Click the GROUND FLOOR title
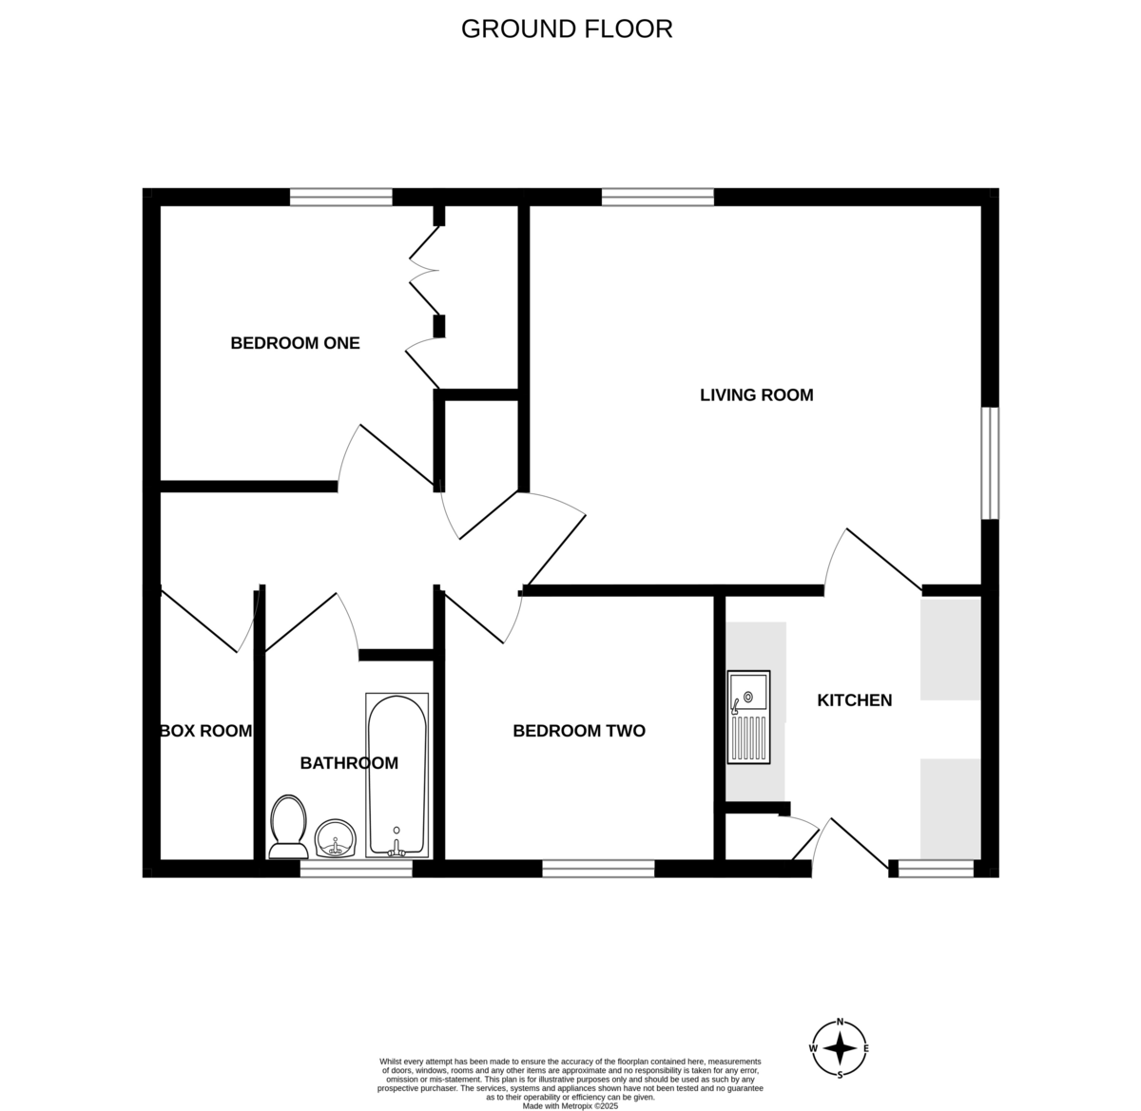coord(567,29)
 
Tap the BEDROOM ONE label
coord(295,343)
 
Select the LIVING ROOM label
coord(756,395)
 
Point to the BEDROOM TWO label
coord(579,731)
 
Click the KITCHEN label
coord(854,700)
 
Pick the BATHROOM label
coord(349,763)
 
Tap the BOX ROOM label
coord(205,731)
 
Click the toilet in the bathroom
coord(288,827)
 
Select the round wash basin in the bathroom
coord(336,838)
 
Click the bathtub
coord(396,776)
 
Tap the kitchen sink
coord(748,718)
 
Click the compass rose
coord(840,1048)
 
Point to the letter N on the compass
coord(840,1022)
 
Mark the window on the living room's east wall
coord(991,463)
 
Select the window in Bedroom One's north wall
coord(341,197)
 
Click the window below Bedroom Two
coord(598,869)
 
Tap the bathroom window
coord(357,869)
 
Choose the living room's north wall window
coord(658,197)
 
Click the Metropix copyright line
coord(570,1106)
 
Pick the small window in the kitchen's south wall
coord(937,869)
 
